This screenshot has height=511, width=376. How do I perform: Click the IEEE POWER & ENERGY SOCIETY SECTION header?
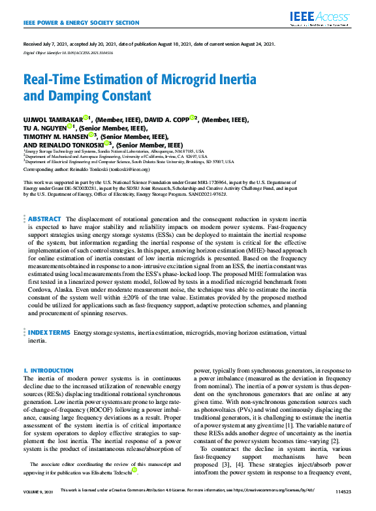[81, 22]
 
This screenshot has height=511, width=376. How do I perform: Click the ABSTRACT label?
[44, 219]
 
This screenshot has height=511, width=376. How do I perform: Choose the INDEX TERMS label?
[50, 333]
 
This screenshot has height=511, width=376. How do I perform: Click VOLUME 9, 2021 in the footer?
[38, 506]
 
